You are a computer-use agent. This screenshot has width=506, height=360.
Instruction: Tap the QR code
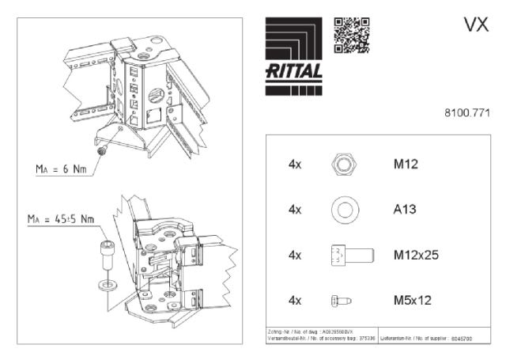[351, 34]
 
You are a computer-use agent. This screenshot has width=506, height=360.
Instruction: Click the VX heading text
[475, 25]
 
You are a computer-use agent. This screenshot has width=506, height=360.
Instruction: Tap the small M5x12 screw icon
[340, 301]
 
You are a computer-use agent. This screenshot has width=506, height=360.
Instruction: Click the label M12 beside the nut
[406, 165]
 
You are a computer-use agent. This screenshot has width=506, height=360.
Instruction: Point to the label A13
[406, 210]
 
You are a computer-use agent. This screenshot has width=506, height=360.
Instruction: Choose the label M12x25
[416, 255]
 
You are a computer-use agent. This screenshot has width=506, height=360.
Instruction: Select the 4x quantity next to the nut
[296, 165]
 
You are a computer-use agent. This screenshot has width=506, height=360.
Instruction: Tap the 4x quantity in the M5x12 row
[296, 301]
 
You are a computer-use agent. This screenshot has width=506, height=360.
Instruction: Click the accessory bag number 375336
[364, 339]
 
